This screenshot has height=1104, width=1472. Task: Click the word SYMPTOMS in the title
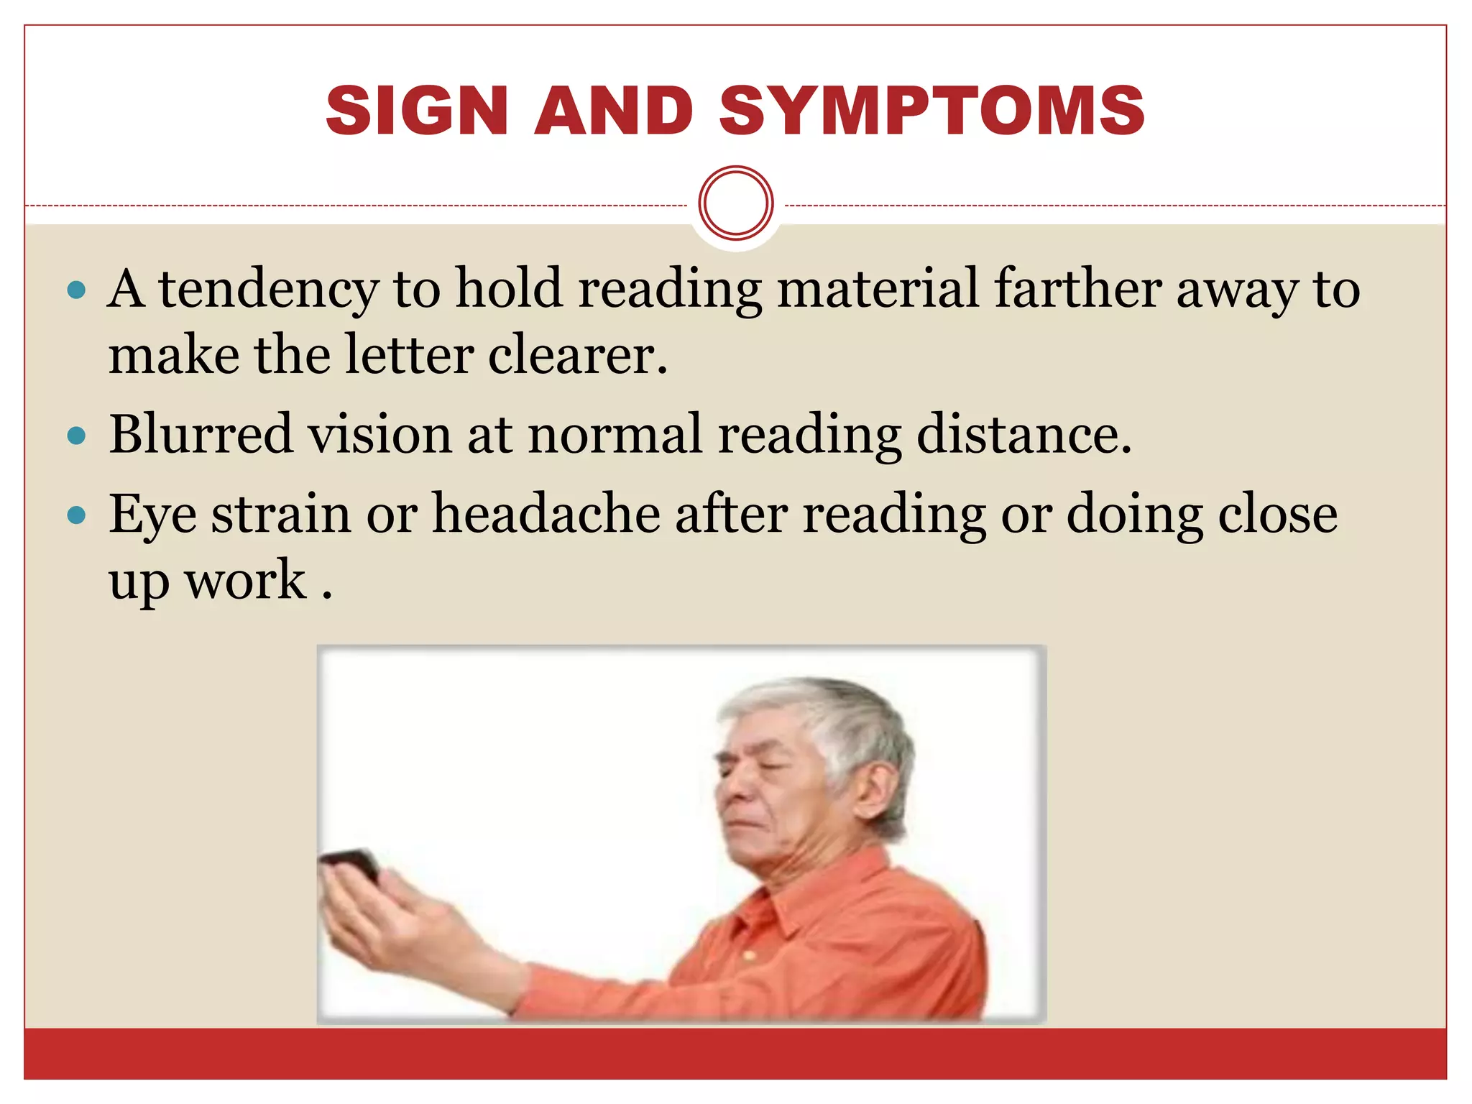[x=931, y=111]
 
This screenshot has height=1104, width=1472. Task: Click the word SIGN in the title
[x=418, y=111]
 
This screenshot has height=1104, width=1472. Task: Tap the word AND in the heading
[x=614, y=111]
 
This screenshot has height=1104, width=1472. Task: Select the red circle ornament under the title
[x=735, y=203]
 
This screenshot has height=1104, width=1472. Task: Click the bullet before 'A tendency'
[x=76, y=291]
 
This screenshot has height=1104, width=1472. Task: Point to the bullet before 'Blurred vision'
[x=76, y=436]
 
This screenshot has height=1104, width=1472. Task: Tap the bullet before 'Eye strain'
[x=76, y=515]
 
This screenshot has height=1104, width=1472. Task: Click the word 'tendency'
[x=268, y=289]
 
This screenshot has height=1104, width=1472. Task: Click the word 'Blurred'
[x=201, y=434]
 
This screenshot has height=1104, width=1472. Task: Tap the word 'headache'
[x=546, y=514]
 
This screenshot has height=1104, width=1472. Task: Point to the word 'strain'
[x=280, y=514]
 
